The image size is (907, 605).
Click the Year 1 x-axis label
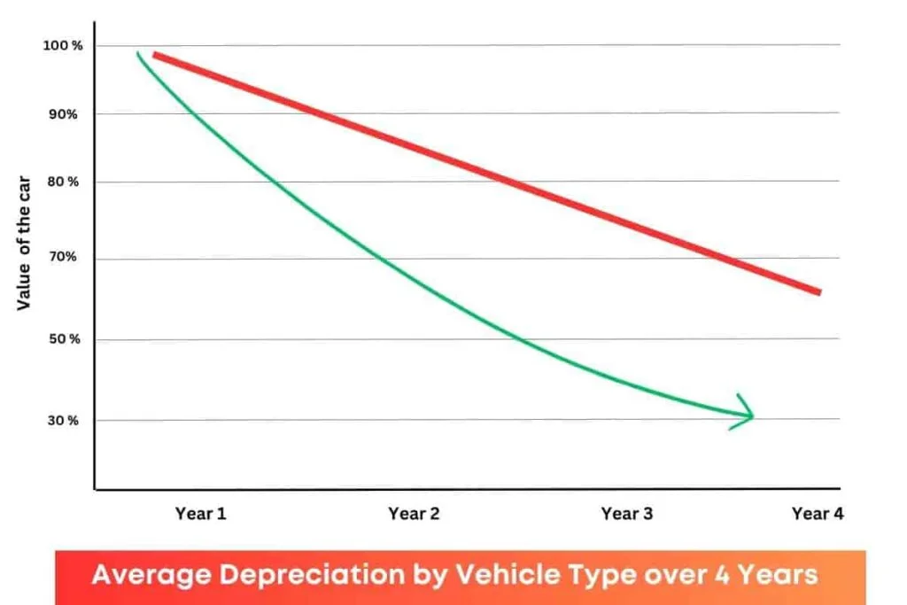pos(200,514)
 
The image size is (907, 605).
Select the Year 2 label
pos(414,514)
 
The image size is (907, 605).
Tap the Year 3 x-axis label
pos(626,514)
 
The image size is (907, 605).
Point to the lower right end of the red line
pos(818,291)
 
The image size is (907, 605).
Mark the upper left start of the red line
pos(156,55)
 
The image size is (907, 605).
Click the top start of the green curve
pos(137,54)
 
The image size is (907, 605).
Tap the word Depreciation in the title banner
pos(322,576)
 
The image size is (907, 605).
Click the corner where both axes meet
pos(95,488)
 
